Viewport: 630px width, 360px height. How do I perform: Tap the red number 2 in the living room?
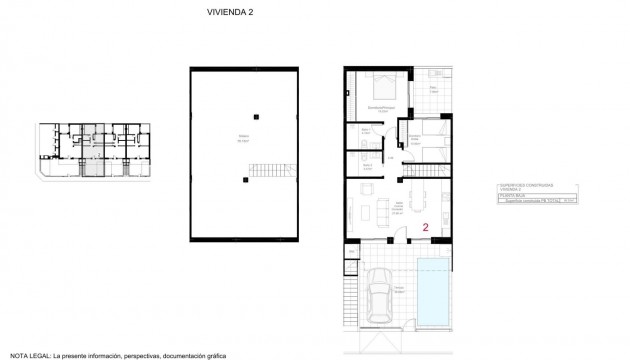(x=426, y=227)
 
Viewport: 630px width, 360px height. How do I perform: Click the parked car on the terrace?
(x=380, y=296)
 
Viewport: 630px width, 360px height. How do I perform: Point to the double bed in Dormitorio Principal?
(x=382, y=88)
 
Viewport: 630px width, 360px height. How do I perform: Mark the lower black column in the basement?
(x=242, y=179)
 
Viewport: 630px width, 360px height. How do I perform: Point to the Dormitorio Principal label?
(x=382, y=109)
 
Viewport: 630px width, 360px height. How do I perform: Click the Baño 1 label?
(x=365, y=131)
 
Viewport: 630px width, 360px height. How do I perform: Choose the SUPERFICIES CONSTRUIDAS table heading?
(x=525, y=187)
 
